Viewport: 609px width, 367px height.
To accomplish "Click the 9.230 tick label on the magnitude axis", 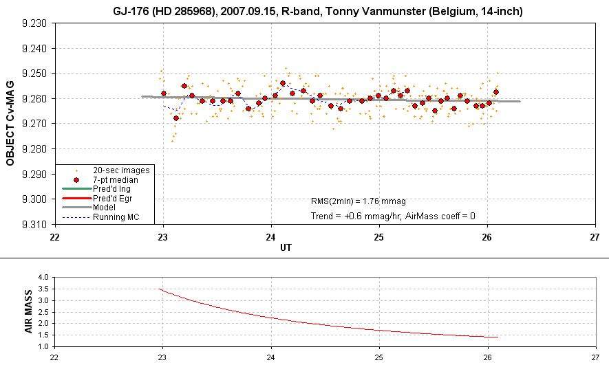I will click(35, 23).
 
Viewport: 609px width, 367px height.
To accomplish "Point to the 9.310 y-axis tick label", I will click(35, 224).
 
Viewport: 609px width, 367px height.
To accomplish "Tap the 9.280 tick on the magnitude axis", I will click(35, 149).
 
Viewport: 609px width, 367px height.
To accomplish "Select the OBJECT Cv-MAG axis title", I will click(10, 124).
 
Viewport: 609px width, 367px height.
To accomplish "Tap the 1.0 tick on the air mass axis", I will click(43, 346).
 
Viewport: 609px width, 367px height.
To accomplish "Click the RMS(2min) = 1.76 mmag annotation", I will click(359, 201).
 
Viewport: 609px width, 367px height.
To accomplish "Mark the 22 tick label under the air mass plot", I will click(54, 357).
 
